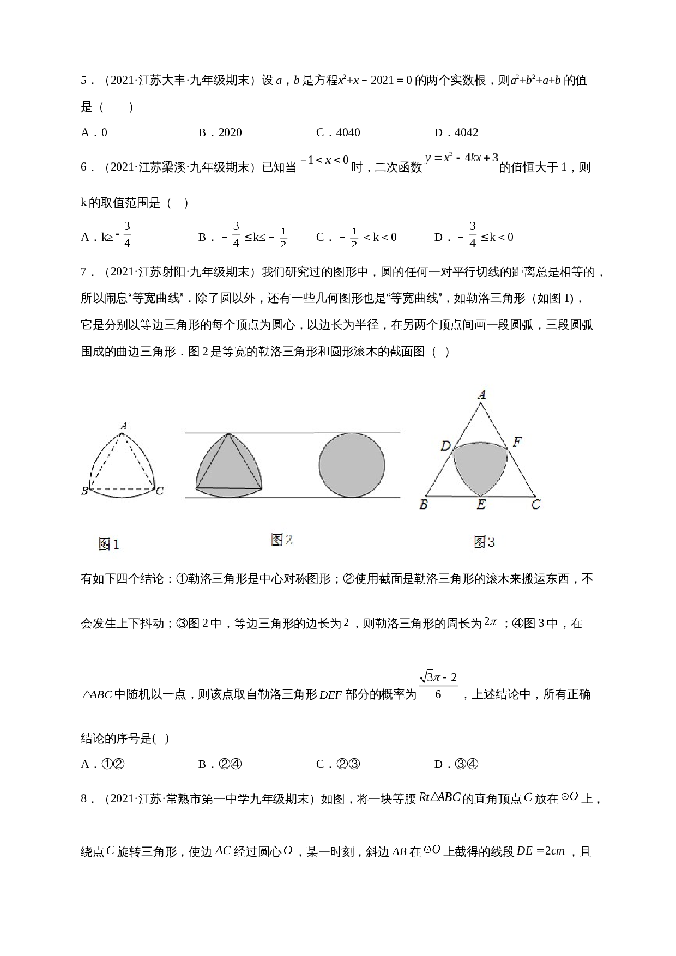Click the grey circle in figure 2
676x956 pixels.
pyautogui.click(x=352, y=465)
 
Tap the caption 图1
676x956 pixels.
pyautogui.click(x=108, y=544)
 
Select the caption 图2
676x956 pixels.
pyautogui.click(x=282, y=540)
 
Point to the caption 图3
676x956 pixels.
pyautogui.click(x=484, y=542)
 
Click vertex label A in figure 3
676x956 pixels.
pyautogui.click(x=481, y=395)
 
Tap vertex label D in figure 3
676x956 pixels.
pyautogui.click(x=445, y=446)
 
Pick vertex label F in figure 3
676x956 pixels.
pyautogui.click(x=517, y=442)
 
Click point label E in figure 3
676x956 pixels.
pyautogui.click(x=481, y=505)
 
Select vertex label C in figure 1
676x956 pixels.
pyautogui.click(x=159, y=491)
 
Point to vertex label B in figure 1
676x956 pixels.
pyautogui.click(x=84, y=491)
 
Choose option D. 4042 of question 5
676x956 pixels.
pyautogui.click(x=456, y=132)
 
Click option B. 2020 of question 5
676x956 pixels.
pyautogui.click(x=220, y=132)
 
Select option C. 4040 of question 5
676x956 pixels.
pyautogui.click(x=338, y=132)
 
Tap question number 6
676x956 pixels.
pyautogui.click(x=86, y=167)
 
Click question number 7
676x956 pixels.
pyautogui.click(x=86, y=271)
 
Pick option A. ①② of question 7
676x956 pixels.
pyautogui.click(x=103, y=764)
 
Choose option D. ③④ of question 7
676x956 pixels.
pyautogui.click(x=456, y=764)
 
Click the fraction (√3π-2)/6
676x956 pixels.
pyautogui.click(x=438, y=686)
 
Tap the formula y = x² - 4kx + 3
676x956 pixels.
pyautogui.click(x=462, y=158)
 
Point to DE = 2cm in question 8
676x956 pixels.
pyautogui.click(x=541, y=851)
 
